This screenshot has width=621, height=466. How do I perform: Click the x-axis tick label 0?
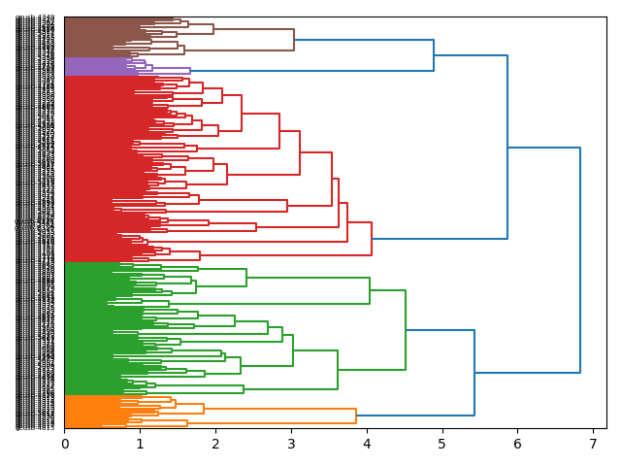pyautogui.click(x=65, y=444)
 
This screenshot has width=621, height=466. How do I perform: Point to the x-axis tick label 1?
pyautogui.click(x=140, y=444)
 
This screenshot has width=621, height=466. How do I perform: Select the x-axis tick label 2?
pyautogui.click(x=215, y=444)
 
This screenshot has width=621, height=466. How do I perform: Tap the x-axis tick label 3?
pyautogui.click(x=291, y=444)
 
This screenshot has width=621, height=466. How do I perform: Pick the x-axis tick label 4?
pyautogui.click(x=366, y=444)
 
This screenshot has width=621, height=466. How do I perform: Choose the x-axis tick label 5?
pyautogui.click(x=441, y=444)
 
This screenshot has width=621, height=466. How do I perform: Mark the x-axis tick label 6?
pyautogui.click(x=517, y=444)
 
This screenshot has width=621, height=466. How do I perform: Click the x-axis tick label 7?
pyautogui.click(x=592, y=444)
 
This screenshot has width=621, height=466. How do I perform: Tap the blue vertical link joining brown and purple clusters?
pyautogui.click(x=434, y=55)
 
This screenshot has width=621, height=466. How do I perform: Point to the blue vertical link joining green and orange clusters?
pyautogui.click(x=474, y=373)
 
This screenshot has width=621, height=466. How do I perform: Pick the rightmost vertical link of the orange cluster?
pyautogui.click(x=356, y=416)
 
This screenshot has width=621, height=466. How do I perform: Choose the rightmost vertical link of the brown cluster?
pyautogui.click(x=294, y=40)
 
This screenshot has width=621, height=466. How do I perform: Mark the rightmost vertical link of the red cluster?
pyautogui.click(x=372, y=239)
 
